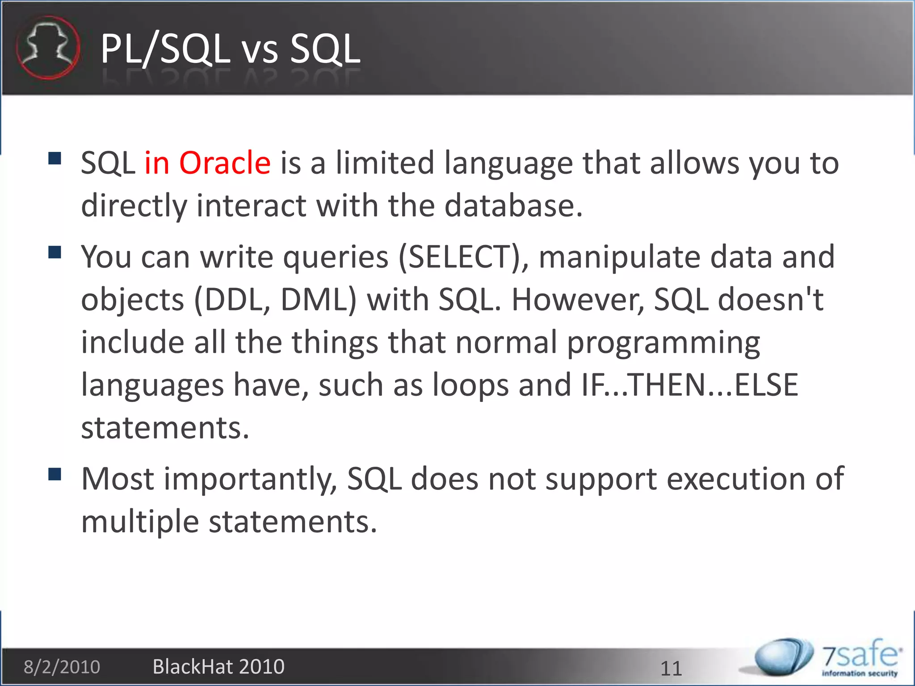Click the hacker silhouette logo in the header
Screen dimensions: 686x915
click(x=48, y=48)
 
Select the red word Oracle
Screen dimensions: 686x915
click(x=225, y=163)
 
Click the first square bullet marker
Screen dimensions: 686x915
click(x=55, y=159)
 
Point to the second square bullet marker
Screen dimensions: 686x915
click(x=55, y=252)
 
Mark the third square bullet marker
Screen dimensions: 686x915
click(x=55, y=474)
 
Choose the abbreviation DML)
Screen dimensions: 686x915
click(x=318, y=300)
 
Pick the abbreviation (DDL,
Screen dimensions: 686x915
click(x=232, y=300)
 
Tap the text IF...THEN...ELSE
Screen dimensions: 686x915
click(x=690, y=385)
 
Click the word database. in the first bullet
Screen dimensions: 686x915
click(x=513, y=206)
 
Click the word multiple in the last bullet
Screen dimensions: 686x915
click(x=140, y=522)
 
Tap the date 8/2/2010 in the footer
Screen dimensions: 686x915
click(x=62, y=667)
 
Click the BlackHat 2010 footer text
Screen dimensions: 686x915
click(x=218, y=667)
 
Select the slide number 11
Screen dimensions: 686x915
click(x=671, y=669)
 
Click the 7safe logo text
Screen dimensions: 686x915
click(x=860, y=656)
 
